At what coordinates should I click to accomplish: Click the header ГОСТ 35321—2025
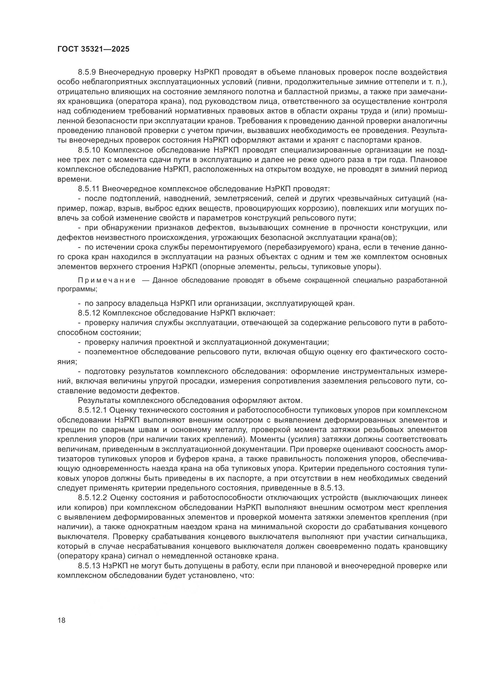93,49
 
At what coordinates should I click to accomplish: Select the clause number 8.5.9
88,72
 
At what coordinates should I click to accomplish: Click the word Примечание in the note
107,280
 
